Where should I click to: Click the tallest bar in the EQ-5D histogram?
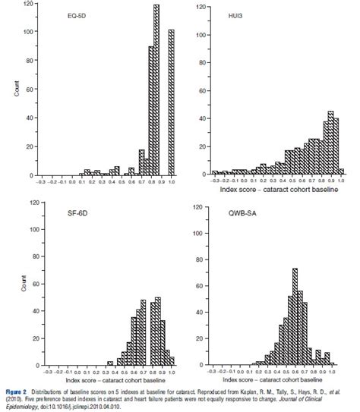[x=156, y=91]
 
